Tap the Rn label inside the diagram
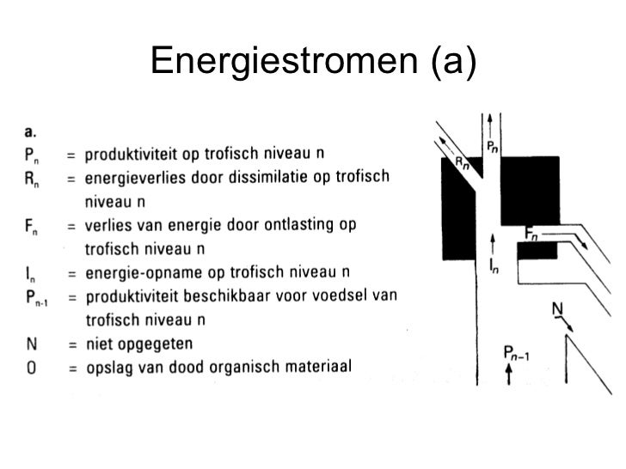(462, 161)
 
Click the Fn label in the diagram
(532, 233)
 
